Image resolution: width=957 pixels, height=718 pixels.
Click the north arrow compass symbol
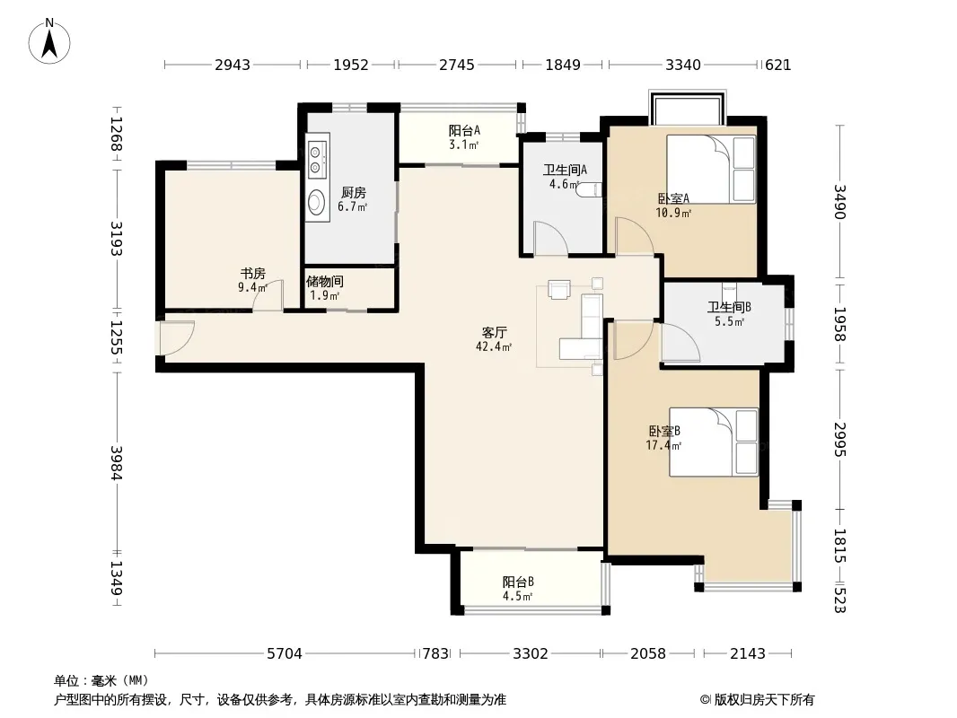[x=49, y=41]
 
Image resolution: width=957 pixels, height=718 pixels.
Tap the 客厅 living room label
[x=494, y=332]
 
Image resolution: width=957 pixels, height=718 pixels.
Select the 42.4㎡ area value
[x=494, y=347]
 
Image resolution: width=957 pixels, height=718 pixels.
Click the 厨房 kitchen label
[x=354, y=193]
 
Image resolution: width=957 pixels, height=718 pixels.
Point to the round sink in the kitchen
[x=317, y=201]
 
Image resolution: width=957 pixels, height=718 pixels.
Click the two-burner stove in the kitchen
[x=315, y=158]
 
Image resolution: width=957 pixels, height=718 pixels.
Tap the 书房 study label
[x=252, y=274]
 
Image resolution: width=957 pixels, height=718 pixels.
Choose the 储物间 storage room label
[x=325, y=281]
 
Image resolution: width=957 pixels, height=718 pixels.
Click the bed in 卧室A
[x=711, y=169]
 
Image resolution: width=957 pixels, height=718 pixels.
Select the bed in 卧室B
[x=714, y=442]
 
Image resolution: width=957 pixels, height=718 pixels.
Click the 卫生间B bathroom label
[x=729, y=307]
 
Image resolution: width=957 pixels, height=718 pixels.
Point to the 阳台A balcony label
[x=464, y=130]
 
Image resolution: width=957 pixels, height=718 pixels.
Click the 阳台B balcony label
[x=518, y=582]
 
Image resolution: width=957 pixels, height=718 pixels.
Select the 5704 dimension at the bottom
[x=285, y=654]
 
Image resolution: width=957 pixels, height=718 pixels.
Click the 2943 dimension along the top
[x=233, y=65]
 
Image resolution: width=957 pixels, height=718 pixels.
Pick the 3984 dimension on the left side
[x=117, y=463]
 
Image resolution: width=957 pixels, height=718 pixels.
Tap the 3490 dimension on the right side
[x=839, y=202]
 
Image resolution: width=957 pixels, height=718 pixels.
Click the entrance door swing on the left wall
[x=177, y=337]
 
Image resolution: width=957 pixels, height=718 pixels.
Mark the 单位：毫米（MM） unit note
[x=101, y=681]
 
